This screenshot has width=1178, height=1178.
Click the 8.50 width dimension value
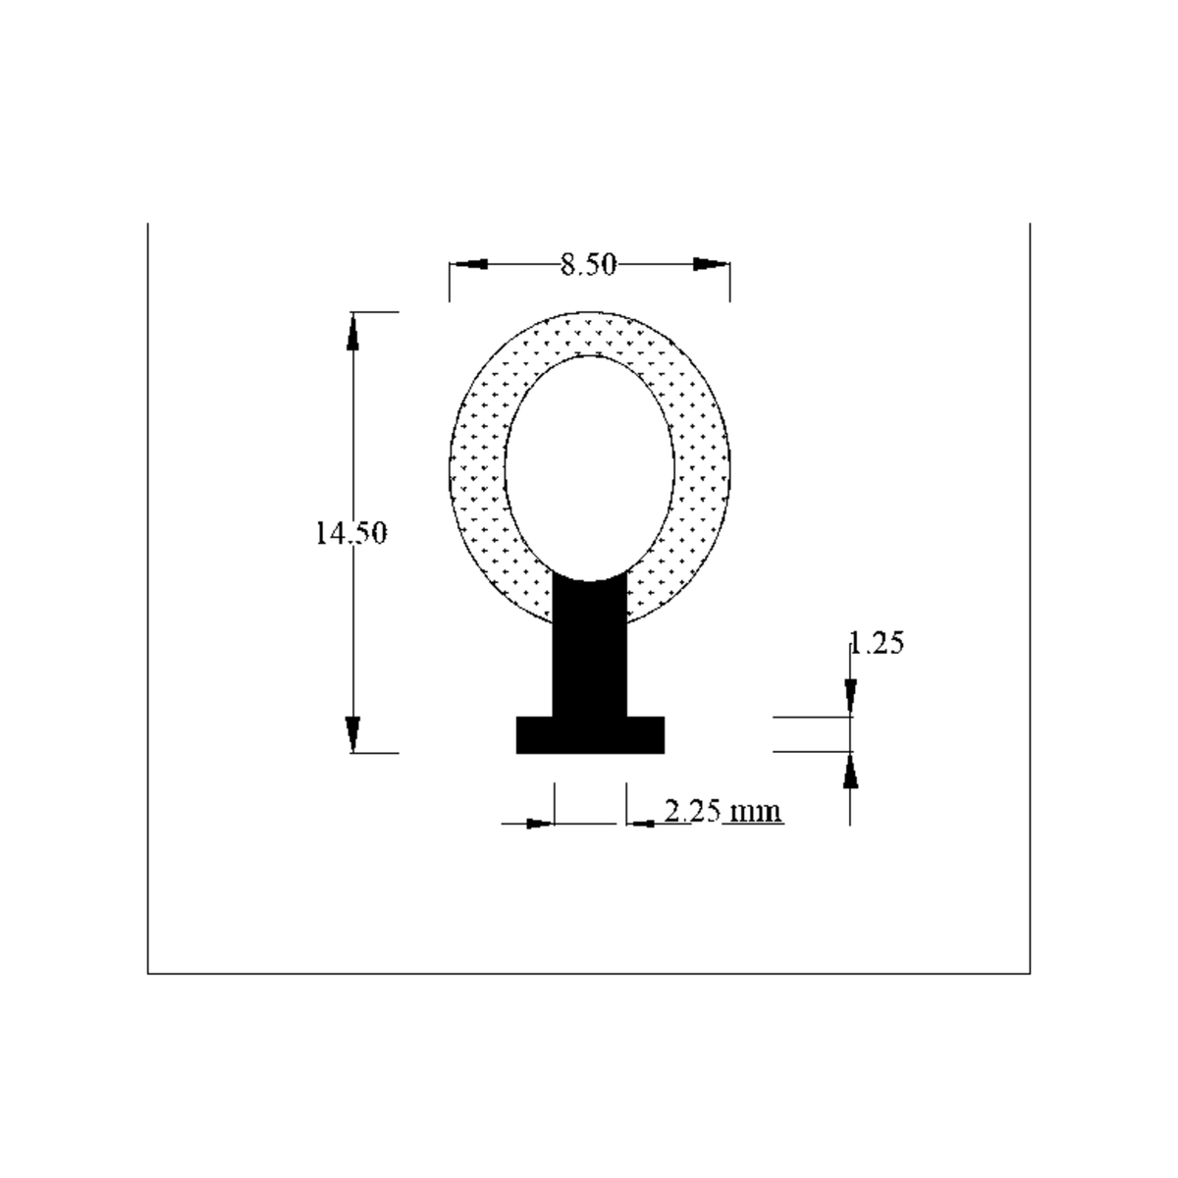pos(589,265)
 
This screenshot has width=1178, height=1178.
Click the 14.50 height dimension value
pos(350,532)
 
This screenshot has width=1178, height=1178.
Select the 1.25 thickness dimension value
pos(877,643)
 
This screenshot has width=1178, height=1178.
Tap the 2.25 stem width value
pos(693,811)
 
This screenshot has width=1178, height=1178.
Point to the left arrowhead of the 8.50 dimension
pos(468,264)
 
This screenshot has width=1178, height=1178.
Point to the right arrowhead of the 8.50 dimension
pos(712,264)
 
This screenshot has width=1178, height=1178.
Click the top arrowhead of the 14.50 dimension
pos(352,332)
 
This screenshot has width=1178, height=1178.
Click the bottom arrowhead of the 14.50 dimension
pos(352,734)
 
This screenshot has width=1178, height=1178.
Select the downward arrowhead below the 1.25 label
pos(850,697)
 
